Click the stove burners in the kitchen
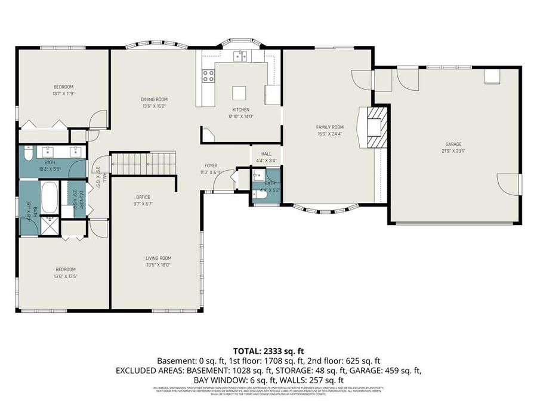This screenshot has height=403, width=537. tap(209, 76)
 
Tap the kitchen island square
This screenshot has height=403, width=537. tap(239, 93)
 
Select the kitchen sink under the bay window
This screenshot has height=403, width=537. tap(240, 57)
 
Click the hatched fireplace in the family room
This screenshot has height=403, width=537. tap(377, 126)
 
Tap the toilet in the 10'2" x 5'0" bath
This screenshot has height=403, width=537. tap(27, 154)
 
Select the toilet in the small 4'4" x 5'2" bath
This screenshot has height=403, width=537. tap(260, 195)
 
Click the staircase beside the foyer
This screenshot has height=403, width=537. tap(144, 162)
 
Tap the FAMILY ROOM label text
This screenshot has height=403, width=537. tap(330, 127)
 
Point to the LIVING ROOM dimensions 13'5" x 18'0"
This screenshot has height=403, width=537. tap(158, 265)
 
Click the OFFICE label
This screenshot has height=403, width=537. tap(143, 197)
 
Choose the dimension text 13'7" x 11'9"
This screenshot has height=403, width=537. tap(63, 93)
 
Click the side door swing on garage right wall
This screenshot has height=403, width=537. tap(509, 183)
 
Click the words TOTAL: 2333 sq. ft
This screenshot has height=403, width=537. tap(268, 351)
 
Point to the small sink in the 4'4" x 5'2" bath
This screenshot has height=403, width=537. tap(258, 175)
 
